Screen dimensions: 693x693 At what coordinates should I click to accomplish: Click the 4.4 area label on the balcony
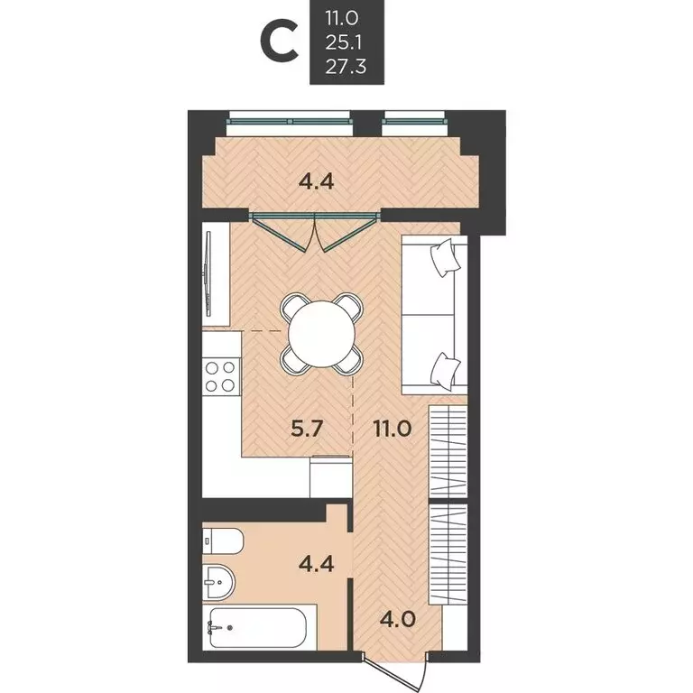(x=316, y=180)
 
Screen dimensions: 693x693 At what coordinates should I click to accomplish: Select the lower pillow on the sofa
(x=445, y=368)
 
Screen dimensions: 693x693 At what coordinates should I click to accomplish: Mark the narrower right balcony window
(x=414, y=117)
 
